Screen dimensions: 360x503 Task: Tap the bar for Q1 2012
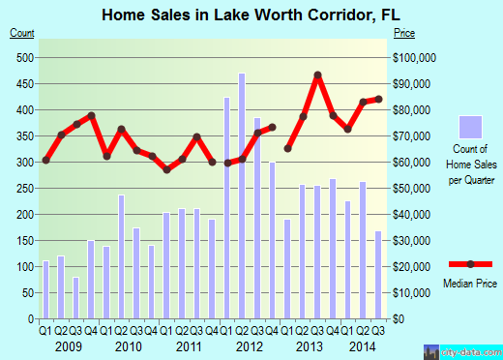(227, 208)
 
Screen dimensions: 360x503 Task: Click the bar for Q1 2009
(45, 289)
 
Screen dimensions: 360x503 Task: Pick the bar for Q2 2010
(121, 256)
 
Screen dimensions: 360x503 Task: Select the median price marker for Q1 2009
(45, 160)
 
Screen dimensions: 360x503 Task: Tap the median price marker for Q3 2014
(378, 99)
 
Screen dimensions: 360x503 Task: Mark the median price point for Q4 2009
(91, 116)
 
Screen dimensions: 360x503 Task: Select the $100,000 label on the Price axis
(411, 57)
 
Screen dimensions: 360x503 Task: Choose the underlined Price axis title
(404, 33)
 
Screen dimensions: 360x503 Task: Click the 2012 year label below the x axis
(249, 345)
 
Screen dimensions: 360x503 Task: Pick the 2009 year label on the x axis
(68, 345)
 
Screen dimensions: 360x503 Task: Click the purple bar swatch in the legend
(469, 126)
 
